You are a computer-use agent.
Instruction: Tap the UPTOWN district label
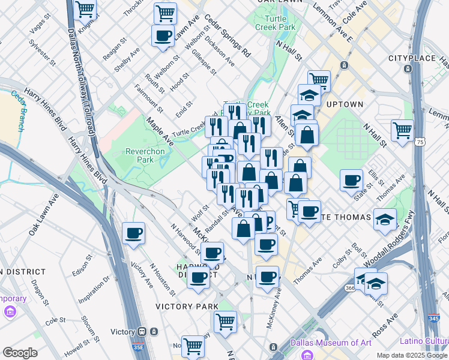tap(345, 104)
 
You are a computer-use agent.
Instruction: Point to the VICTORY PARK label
tap(187, 306)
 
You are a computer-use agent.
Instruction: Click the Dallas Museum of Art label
tap(331, 343)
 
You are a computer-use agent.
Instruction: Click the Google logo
tap(20, 353)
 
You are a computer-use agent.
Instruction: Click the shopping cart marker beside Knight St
tap(86, 9)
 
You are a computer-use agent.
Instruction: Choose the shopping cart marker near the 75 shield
tap(402, 128)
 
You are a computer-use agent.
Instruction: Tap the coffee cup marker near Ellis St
tap(351, 179)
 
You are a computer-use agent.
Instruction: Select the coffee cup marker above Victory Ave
tap(133, 233)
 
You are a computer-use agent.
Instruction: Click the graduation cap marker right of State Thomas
tap(385, 219)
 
